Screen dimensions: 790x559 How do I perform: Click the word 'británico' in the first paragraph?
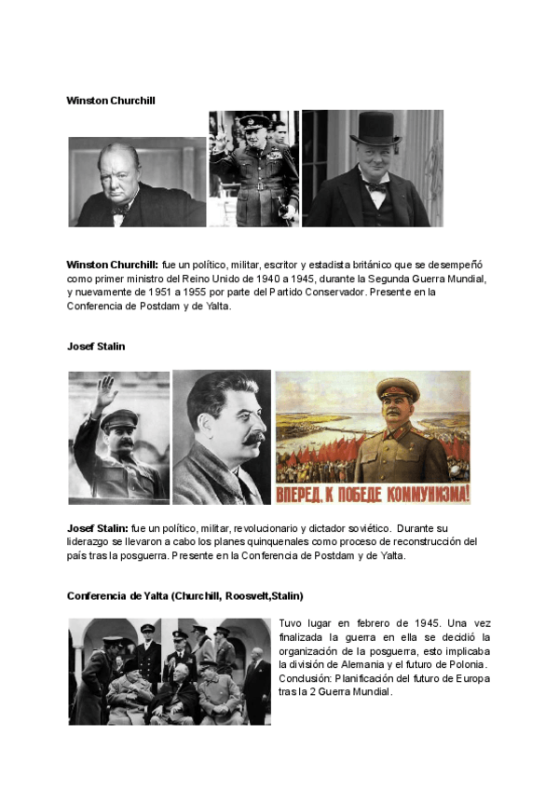(365, 266)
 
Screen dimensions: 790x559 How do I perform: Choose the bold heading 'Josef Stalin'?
(96, 346)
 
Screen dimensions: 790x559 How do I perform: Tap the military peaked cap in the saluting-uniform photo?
(253, 121)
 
